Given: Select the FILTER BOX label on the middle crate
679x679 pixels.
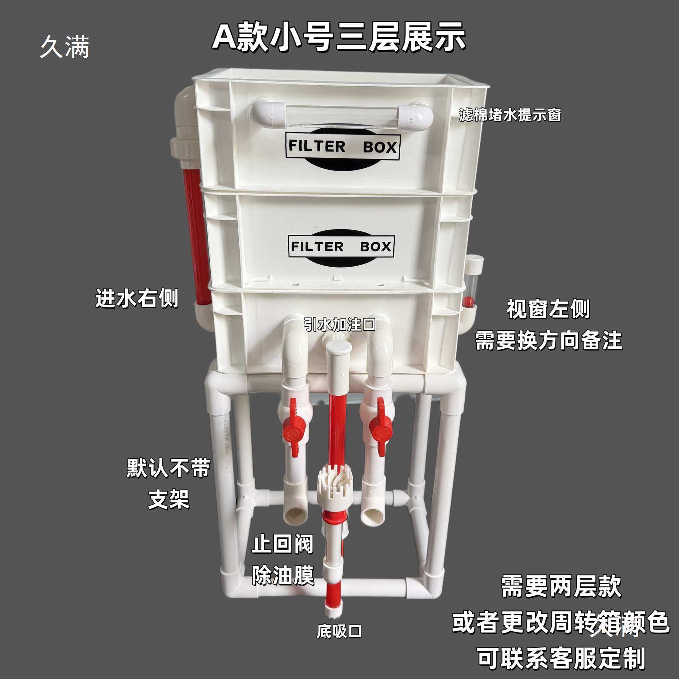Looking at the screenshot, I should point(341,246).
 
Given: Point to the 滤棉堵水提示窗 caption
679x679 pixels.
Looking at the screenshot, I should point(510,115).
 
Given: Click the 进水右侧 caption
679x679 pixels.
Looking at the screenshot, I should point(137,298).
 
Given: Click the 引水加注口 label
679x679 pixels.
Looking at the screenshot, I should point(339,324).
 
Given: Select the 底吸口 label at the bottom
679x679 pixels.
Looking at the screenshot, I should point(339,631).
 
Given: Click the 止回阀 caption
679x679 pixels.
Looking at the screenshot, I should point(283,544).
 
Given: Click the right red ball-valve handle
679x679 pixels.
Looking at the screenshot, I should point(381,428).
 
